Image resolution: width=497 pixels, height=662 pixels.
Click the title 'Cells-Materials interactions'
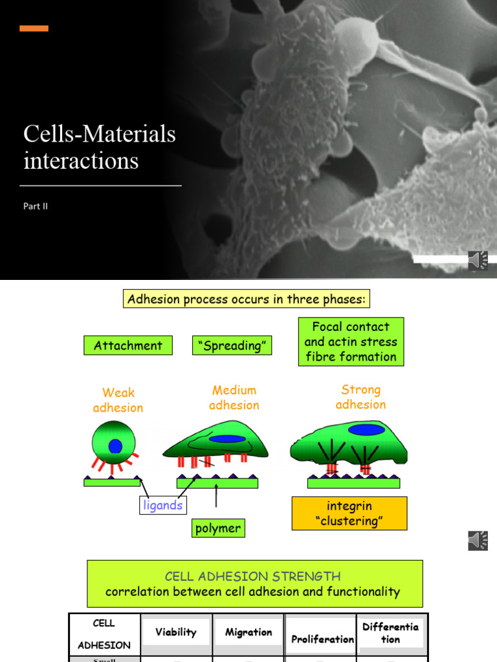(100, 147)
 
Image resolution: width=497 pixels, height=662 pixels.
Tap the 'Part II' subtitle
(36, 206)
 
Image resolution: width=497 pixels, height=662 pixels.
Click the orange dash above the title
(34, 28)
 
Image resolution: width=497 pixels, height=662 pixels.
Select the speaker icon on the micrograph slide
(478, 260)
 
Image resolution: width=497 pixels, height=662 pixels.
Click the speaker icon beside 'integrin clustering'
(478, 540)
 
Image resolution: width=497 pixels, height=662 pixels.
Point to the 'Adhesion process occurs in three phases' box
(247, 299)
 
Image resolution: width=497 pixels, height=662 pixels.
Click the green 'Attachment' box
(128, 345)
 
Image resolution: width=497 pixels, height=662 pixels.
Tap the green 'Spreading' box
(232, 345)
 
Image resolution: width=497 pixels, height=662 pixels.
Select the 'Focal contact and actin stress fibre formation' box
(351, 341)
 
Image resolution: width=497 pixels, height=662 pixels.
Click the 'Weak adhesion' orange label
(118, 400)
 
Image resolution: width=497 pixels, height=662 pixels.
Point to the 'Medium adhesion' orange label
(234, 398)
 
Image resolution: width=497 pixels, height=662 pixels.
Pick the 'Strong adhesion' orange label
(361, 397)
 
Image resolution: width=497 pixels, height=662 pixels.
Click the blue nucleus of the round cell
(115, 445)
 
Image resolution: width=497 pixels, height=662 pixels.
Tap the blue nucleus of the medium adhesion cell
(227, 439)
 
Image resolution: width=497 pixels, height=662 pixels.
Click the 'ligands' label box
(162, 505)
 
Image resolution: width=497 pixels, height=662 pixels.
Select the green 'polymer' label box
(218, 528)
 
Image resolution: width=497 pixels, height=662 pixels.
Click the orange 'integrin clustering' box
(349, 513)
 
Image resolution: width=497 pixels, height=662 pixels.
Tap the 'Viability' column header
(176, 632)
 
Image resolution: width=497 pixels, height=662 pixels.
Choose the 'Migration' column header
(248, 632)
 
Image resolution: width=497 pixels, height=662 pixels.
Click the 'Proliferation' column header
(322, 639)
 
